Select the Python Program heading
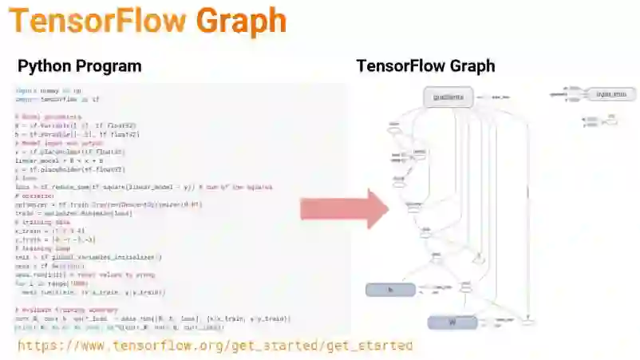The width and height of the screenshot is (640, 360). coord(79,66)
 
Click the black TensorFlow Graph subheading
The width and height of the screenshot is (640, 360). coord(425,66)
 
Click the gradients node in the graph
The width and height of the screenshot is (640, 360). coord(448,97)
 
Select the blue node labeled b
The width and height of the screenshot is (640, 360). coord(390,290)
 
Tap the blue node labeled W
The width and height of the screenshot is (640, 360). coord(452,322)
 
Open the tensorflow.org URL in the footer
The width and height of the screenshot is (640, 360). coord(215,346)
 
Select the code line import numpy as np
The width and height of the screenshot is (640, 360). coord(48,91)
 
